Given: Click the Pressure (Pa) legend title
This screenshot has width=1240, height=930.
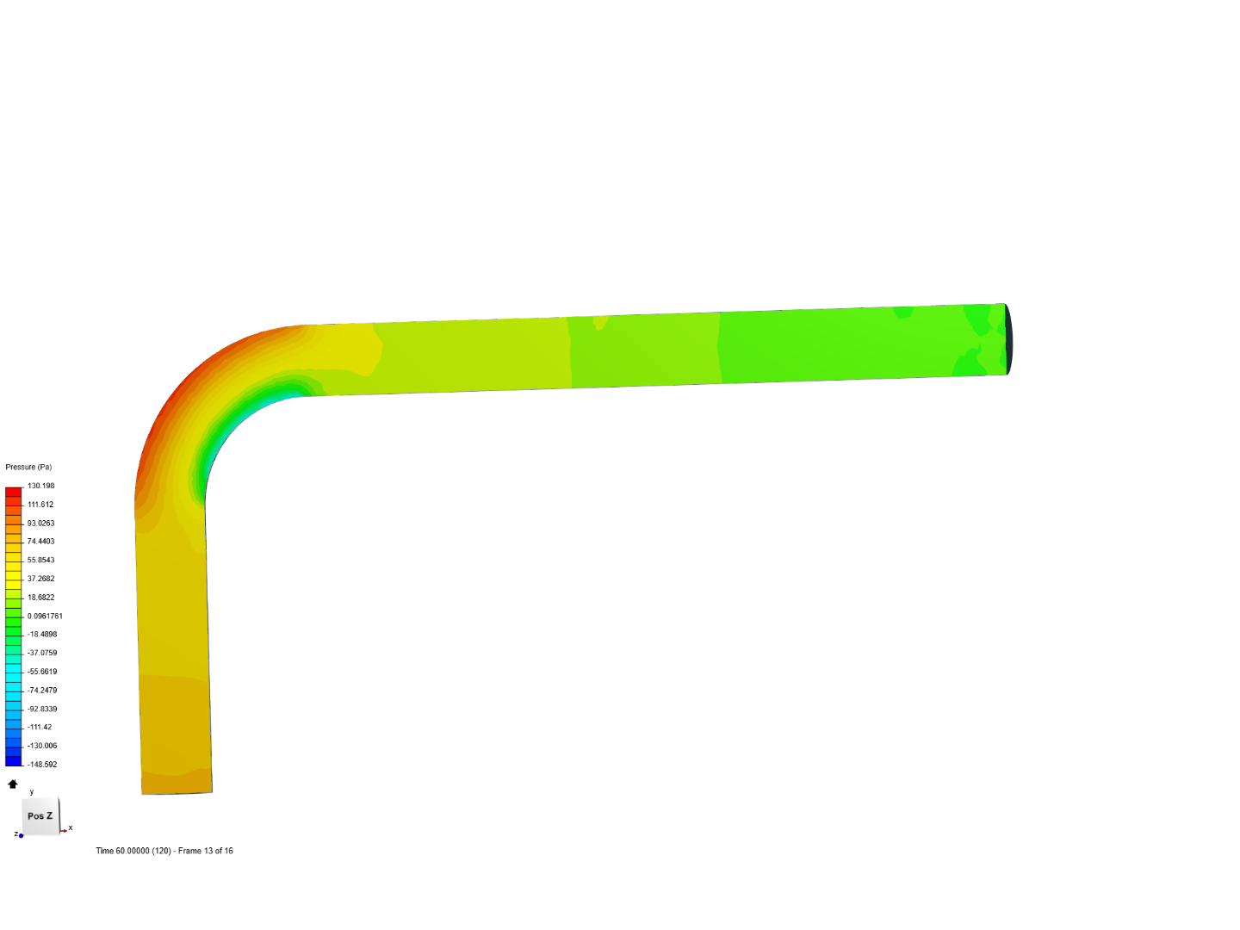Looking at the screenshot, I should tap(28, 467).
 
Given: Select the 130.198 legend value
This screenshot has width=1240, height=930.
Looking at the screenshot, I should tap(40, 486).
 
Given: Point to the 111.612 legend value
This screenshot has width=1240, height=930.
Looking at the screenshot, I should tap(40, 505).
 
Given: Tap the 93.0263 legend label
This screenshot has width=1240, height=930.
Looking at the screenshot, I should tap(40, 524).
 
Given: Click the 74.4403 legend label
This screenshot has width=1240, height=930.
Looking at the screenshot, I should tap(40, 542).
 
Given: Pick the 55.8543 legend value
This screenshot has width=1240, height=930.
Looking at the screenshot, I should tap(40, 561).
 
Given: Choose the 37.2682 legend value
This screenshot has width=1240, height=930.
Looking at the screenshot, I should tap(40, 579).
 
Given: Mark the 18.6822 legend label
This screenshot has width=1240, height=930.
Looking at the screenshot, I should tap(40, 598).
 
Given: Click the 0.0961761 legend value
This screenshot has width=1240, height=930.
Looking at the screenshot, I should tap(45, 617).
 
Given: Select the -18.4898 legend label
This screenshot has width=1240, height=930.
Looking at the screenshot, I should tap(42, 635).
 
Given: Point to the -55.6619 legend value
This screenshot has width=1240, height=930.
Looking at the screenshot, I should tap(42, 672).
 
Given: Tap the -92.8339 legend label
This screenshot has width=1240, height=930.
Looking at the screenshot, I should tap(42, 710).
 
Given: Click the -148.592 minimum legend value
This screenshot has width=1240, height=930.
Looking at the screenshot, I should tap(42, 765).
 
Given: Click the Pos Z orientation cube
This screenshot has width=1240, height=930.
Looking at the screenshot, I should tap(40, 815).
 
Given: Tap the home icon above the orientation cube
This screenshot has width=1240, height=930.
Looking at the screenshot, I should tap(13, 784).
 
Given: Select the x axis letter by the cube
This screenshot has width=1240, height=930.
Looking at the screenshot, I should tap(71, 828).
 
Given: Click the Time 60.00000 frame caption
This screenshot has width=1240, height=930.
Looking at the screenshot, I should tap(164, 851).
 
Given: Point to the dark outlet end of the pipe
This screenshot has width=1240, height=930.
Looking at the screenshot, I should tap(1008, 339).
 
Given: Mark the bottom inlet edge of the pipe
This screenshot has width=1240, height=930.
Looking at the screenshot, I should tap(177, 792).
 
